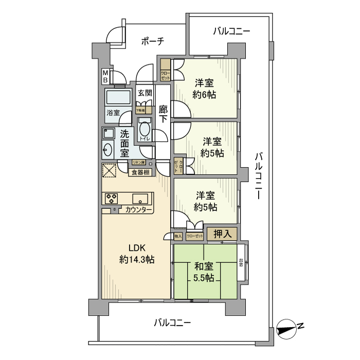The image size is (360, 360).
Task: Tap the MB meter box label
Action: pyautogui.click(x=105, y=77)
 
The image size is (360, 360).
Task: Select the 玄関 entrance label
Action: pyautogui.click(x=145, y=93)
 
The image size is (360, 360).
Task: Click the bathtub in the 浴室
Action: pyautogui.click(x=118, y=98)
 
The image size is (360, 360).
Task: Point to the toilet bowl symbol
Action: pyautogui.click(x=144, y=128)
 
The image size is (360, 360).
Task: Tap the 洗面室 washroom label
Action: pyautogui.click(x=124, y=142)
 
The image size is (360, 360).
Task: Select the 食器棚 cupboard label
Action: pyautogui.click(x=140, y=172)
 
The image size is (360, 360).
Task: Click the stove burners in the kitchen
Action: pyautogui.click(x=112, y=198)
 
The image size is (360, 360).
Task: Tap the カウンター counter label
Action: pyautogui.click(x=138, y=210)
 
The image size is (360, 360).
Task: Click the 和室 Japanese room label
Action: pyautogui.click(x=204, y=266)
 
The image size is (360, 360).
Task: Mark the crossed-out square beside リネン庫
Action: pyautogui.click(x=109, y=170)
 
